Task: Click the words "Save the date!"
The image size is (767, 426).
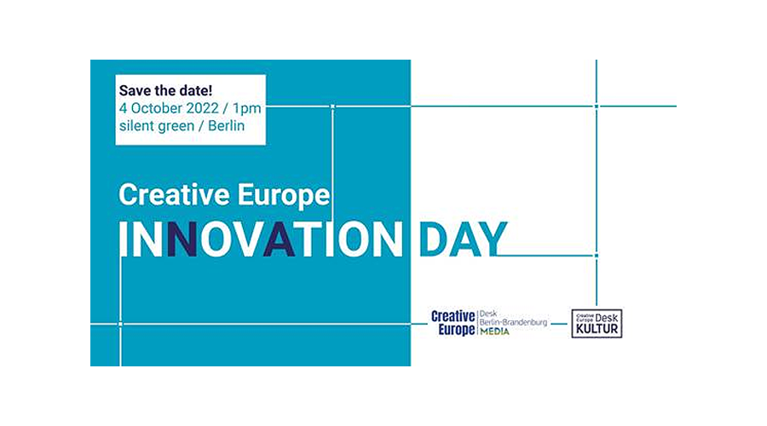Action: [166, 90]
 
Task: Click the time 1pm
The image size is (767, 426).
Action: [247, 108]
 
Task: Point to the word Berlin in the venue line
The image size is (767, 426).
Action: [226, 126]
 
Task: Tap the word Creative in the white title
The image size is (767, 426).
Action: [174, 194]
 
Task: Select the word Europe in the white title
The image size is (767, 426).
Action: [284, 196]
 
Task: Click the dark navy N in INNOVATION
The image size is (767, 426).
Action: [182, 239]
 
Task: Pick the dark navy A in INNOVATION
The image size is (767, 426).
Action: [280, 239]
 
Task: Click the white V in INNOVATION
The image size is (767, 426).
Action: [248, 239]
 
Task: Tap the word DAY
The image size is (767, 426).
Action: [463, 239]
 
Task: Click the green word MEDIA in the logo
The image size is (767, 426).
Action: [494, 331]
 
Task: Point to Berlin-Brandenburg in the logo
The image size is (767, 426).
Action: [513, 322]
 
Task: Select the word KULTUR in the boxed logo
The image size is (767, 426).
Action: [597, 329]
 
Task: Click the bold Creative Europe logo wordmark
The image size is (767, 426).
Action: [453, 323]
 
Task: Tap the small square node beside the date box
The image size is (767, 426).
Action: [332, 106]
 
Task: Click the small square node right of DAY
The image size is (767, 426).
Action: [597, 256]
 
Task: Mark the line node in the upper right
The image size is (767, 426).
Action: [597, 106]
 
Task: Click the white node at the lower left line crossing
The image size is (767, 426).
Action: [120, 324]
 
